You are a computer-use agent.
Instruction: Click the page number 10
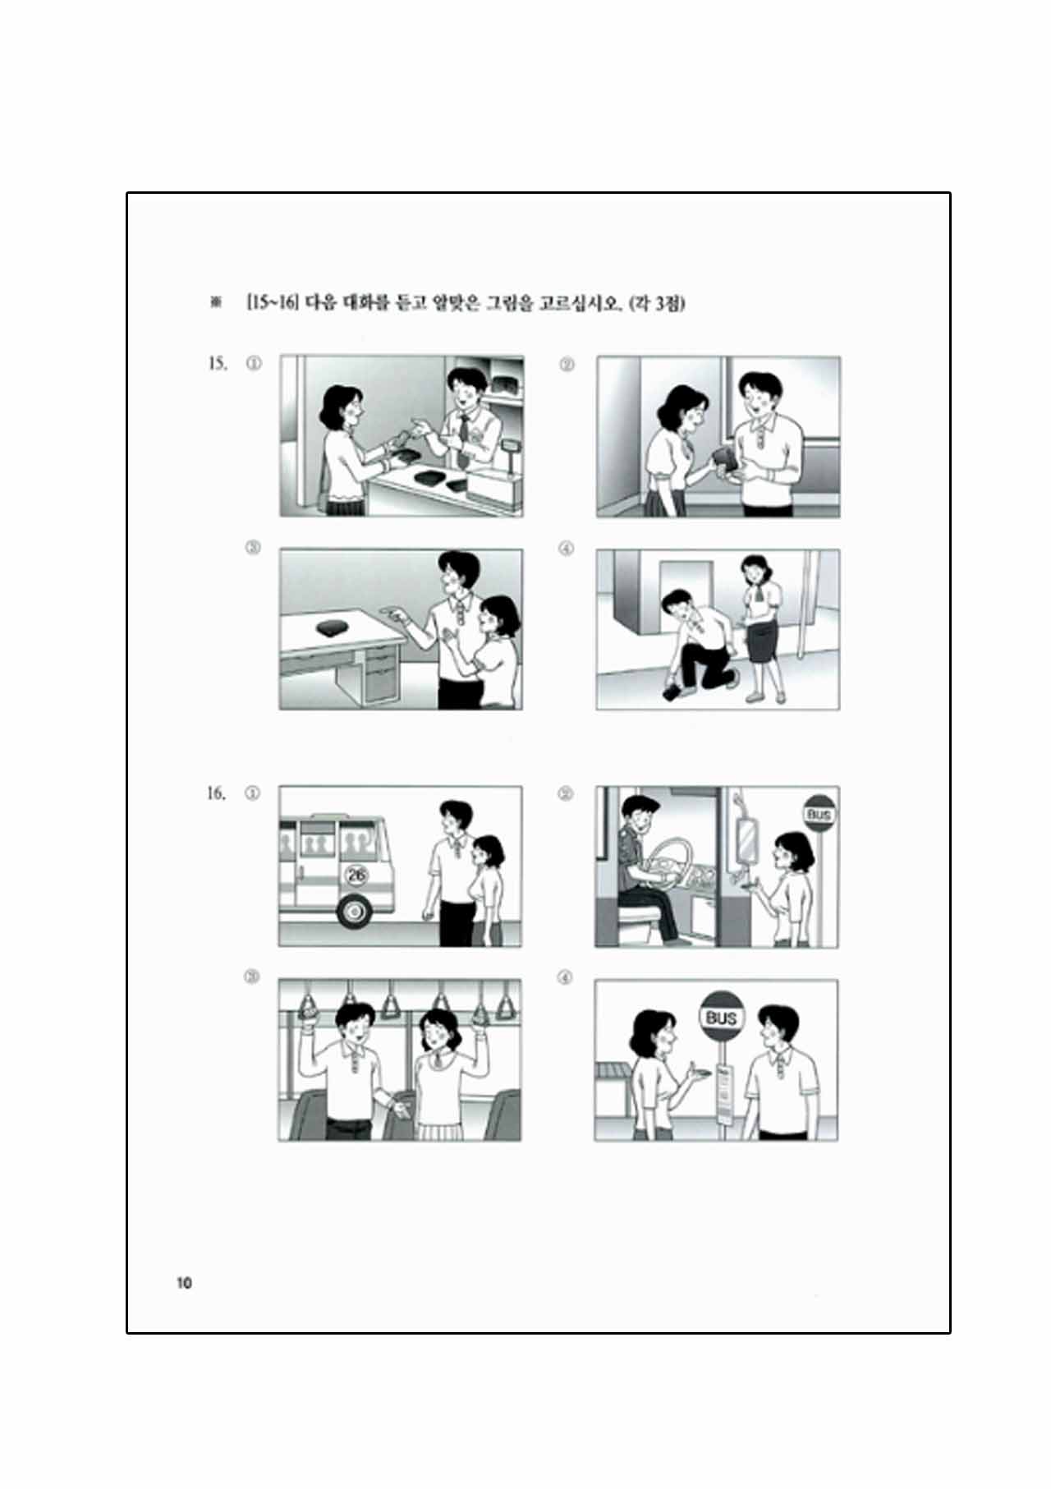click(183, 1282)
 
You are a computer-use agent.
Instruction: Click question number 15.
click(218, 364)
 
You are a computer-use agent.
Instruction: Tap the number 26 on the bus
click(357, 875)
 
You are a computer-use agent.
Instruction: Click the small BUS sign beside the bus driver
click(819, 815)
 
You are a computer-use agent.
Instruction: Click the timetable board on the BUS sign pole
click(724, 1091)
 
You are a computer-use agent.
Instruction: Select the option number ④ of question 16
click(565, 977)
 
